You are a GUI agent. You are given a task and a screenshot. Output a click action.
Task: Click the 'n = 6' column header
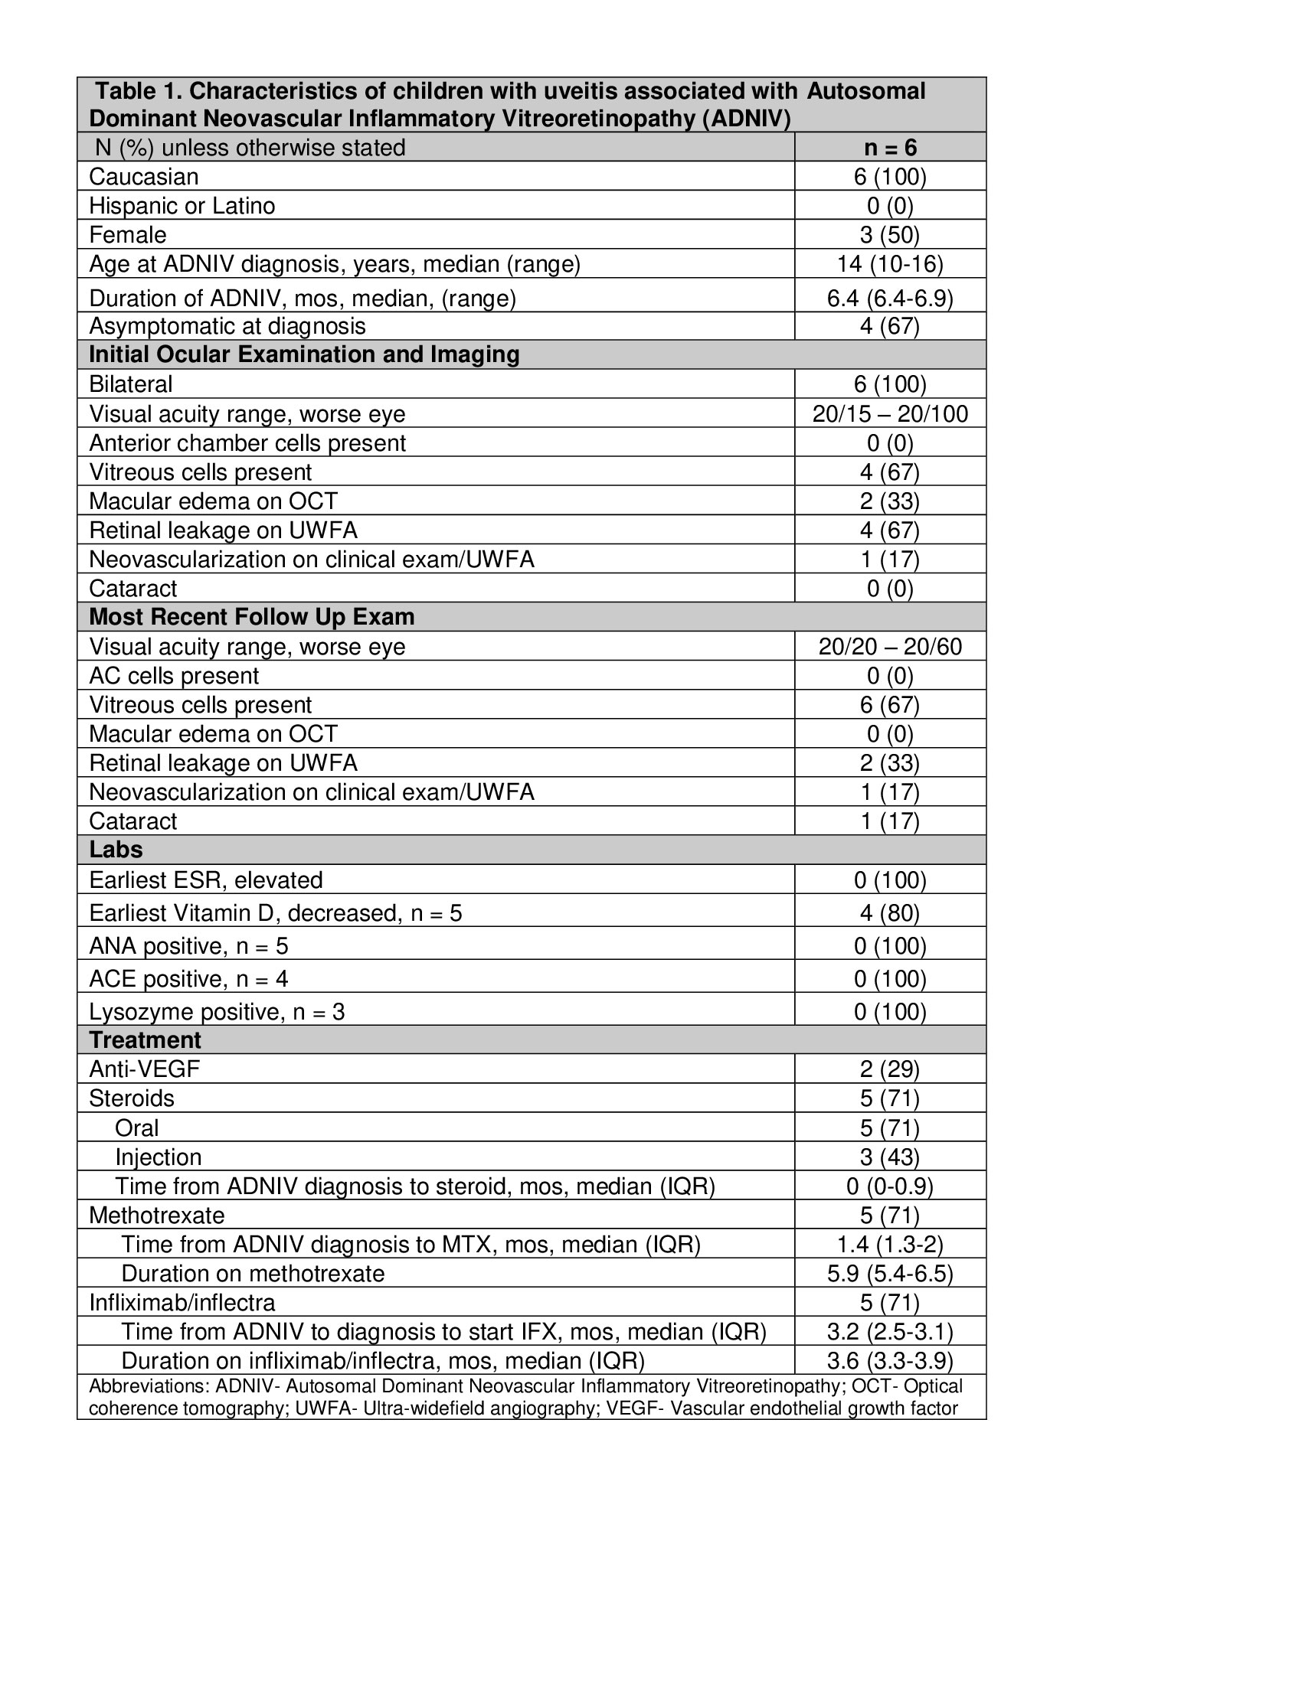click(889, 147)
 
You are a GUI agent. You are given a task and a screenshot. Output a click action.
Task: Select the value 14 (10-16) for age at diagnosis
click(889, 265)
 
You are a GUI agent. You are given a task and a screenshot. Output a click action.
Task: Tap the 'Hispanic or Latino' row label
click(182, 206)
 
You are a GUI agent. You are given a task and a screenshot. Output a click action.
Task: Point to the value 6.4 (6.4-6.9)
click(889, 298)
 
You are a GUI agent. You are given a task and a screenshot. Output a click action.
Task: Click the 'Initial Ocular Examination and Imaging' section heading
click(304, 354)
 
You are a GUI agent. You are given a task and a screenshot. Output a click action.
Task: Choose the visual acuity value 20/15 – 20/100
click(889, 414)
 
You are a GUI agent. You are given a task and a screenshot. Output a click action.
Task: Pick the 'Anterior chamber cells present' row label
click(247, 443)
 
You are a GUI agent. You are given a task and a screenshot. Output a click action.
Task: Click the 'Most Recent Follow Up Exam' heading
click(251, 617)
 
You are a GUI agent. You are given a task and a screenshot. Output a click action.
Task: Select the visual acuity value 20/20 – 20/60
click(889, 646)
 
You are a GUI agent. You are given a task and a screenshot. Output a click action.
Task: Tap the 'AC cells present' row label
click(174, 675)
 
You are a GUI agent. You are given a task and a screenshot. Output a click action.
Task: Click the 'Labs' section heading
click(116, 850)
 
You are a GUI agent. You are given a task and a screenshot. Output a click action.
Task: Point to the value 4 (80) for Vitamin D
click(889, 913)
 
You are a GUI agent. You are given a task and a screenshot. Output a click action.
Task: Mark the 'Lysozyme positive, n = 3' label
click(217, 1012)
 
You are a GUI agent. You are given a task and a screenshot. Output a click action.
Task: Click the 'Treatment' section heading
click(145, 1040)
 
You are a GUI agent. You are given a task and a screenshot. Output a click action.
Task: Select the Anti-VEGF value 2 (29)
click(889, 1069)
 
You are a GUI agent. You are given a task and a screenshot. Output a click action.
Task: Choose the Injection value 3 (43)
click(889, 1157)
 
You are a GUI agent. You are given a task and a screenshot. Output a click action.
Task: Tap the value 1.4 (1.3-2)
click(889, 1244)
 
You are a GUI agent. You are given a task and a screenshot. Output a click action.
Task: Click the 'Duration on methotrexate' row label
click(253, 1273)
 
